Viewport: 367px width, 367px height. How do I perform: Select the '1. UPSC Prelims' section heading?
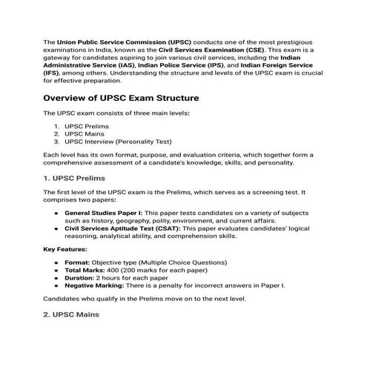(74, 178)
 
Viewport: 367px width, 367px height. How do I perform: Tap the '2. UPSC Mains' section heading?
(70, 314)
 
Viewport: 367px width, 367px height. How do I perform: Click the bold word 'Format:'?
(78, 262)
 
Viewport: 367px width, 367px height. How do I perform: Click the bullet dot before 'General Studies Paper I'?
(57, 213)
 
